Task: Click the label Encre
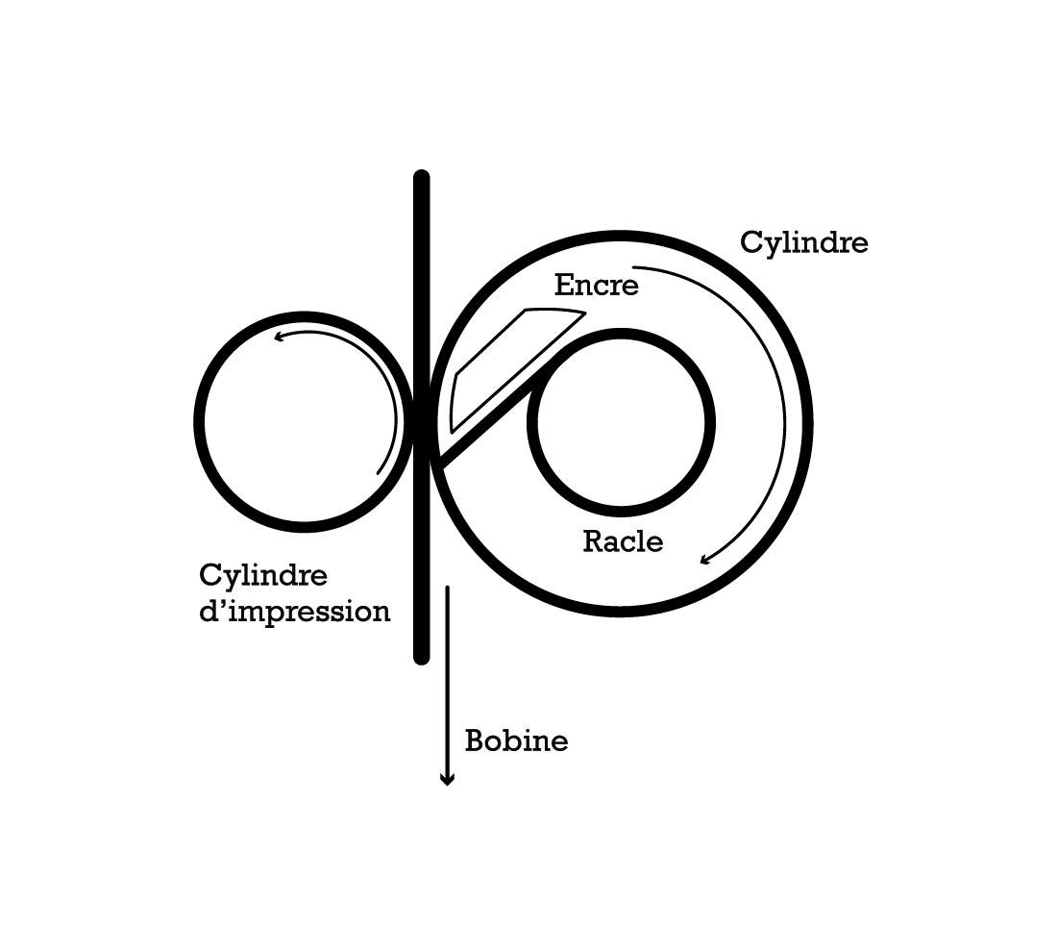coord(596,286)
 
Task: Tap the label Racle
coord(623,541)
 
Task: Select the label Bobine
coord(516,741)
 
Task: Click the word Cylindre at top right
coord(803,242)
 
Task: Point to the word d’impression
coord(295,612)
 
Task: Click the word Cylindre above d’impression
coord(263,576)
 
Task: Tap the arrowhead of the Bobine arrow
coord(447,780)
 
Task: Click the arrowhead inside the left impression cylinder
coord(279,336)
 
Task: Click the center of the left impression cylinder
coord(304,422)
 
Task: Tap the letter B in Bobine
coord(475,741)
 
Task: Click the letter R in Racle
coord(593,541)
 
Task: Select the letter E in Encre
coord(563,286)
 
